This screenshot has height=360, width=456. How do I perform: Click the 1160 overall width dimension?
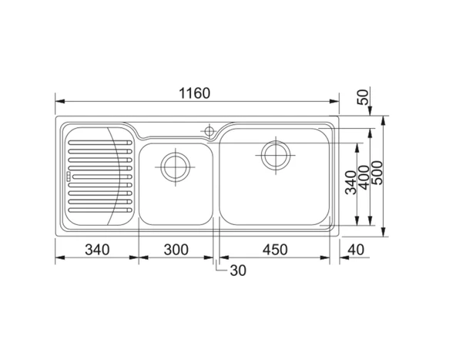tap(194, 93)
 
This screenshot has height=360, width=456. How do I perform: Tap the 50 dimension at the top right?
tap(363, 97)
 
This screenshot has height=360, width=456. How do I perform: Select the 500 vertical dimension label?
tap(377, 173)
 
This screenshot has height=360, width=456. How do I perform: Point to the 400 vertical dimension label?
tap(364, 177)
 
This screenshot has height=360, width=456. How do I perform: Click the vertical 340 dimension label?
tap(350, 183)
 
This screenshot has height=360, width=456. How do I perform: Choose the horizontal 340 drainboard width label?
tap(97, 250)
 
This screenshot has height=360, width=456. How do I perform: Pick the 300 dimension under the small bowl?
tap(176, 250)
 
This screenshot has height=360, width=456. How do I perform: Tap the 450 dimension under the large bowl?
tap(275, 250)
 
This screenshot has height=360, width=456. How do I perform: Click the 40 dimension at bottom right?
tap(356, 250)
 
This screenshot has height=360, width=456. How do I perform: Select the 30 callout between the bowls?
tap(238, 271)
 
